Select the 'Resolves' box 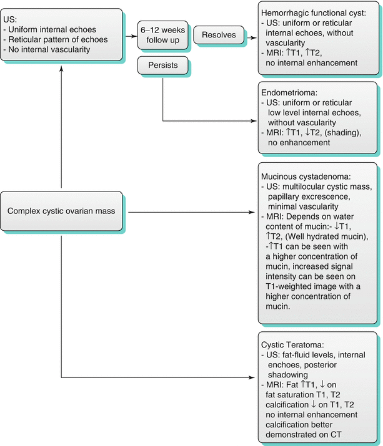tap(218, 35)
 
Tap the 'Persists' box tap(160, 64)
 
